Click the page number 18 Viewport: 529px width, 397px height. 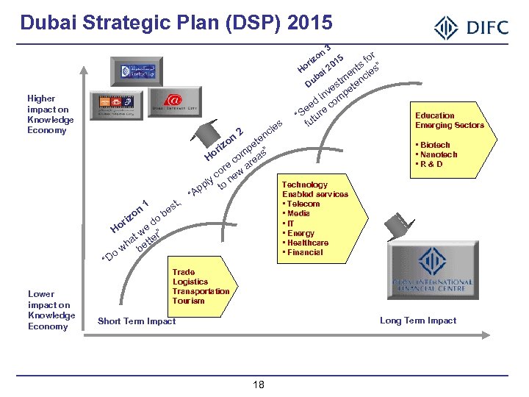pos(258,385)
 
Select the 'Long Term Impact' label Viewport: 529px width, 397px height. pos(418,321)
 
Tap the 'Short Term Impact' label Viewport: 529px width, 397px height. pos(137,321)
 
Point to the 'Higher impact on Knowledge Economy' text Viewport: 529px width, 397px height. pos(50,115)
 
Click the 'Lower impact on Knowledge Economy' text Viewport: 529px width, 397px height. pos(51,310)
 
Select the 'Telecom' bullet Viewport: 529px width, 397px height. pos(303,204)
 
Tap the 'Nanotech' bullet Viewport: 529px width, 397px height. pos(438,154)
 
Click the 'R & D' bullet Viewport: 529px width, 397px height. pos(431,164)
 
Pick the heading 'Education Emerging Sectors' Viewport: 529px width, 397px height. pos(449,121)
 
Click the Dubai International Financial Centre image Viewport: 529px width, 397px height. pos(431,273)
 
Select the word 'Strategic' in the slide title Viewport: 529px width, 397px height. pos(119,23)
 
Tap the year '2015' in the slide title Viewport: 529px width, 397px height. pos(309,23)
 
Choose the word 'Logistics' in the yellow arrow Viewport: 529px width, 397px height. pos(190,282)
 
